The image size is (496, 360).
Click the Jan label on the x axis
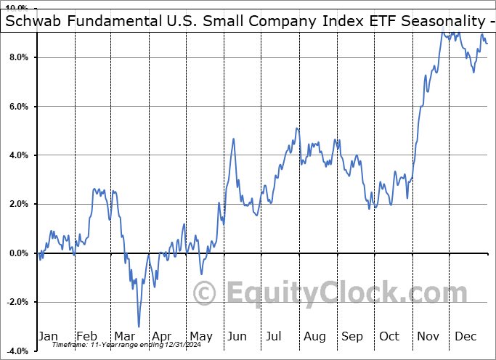48,336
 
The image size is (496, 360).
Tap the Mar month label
125,336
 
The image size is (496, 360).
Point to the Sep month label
352,336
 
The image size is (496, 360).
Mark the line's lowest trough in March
138,326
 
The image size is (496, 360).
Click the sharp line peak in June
234,139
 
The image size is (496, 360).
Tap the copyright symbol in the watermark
206,294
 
